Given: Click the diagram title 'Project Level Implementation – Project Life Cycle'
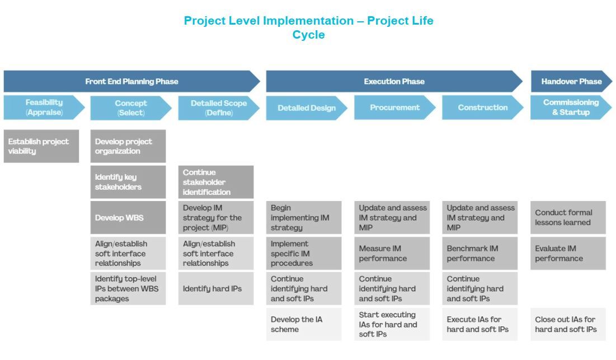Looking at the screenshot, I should click(x=308, y=28).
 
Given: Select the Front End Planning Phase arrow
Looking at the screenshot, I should click(x=131, y=81).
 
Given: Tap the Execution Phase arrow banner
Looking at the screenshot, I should click(x=394, y=81).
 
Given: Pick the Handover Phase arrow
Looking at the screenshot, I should click(x=571, y=81).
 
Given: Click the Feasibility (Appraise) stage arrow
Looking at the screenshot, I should click(x=44, y=107).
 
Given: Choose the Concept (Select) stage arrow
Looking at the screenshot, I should click(x=130, y=107).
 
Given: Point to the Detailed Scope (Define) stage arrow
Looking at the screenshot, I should click(x=218, y=107).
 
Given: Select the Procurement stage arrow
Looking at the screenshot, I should click(x=394, y=107).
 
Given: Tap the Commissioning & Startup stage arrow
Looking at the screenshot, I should click(x=570, y=107).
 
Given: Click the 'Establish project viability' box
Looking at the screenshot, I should click(x=41, y=146).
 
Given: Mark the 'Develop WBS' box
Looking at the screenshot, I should click(x=128, y=218).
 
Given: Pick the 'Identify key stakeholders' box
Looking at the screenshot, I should click(x=128, y=182).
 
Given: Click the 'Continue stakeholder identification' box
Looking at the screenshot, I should click(x=216, y=182).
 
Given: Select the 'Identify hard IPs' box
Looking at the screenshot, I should click(x=216, y=289).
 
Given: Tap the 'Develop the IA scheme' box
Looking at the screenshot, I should click(x=304, y=324).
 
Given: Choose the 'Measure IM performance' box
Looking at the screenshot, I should click(x=392, y=253).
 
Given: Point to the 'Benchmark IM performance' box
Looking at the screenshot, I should click(x=479, y=253).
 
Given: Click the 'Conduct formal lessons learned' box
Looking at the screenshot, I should click(x=568, y=218).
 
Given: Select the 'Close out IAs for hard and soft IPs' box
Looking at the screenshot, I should click(x=568, y=324).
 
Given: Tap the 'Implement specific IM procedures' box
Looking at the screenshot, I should click(x=304, y=253).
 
